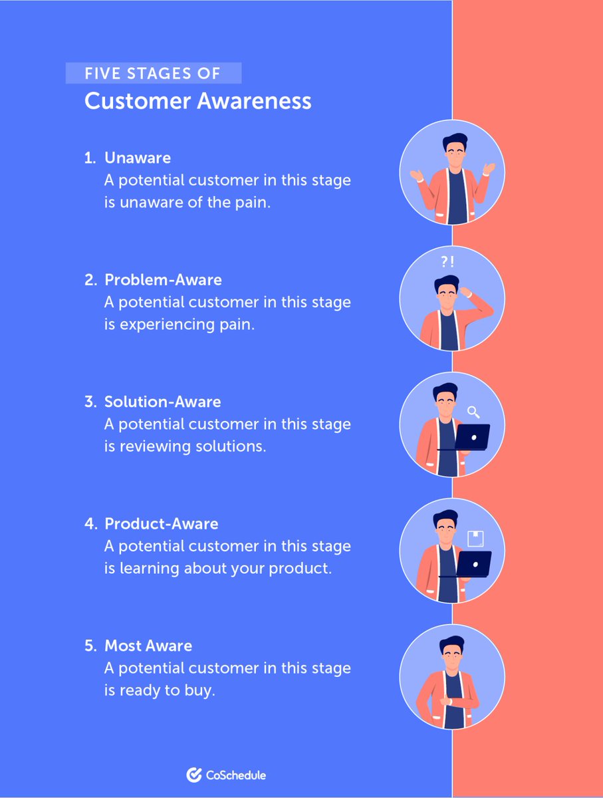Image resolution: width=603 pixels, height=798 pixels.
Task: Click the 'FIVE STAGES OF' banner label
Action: click(152, 73)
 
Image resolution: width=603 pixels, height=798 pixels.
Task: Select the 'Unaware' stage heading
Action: click(138, 158)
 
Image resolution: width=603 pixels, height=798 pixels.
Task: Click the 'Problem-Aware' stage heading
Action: click(163, 279)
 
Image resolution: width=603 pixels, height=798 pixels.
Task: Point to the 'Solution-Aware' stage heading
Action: click(162, 402)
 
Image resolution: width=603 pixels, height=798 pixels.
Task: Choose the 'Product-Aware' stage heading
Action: click(161, 523)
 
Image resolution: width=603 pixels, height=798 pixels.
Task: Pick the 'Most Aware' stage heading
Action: click(148, 646)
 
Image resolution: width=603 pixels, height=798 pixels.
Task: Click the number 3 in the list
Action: click(90, 402)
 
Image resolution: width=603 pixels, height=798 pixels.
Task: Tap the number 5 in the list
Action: click(90, 646)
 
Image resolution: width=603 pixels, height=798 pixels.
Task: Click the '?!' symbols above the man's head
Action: click(447, 261)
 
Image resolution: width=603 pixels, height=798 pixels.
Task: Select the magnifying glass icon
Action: click(474, 412)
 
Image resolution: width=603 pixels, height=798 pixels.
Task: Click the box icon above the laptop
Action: click(475, 537)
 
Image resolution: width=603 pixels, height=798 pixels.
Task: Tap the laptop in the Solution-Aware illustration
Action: click(472, 437)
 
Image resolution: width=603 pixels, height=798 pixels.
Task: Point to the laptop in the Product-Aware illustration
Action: click(473, 563)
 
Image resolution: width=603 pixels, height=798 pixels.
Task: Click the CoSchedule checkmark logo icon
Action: click(194, 775)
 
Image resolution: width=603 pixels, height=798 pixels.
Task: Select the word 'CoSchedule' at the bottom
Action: click(235, 775)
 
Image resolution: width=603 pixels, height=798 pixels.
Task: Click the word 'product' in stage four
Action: click(299, 569)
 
